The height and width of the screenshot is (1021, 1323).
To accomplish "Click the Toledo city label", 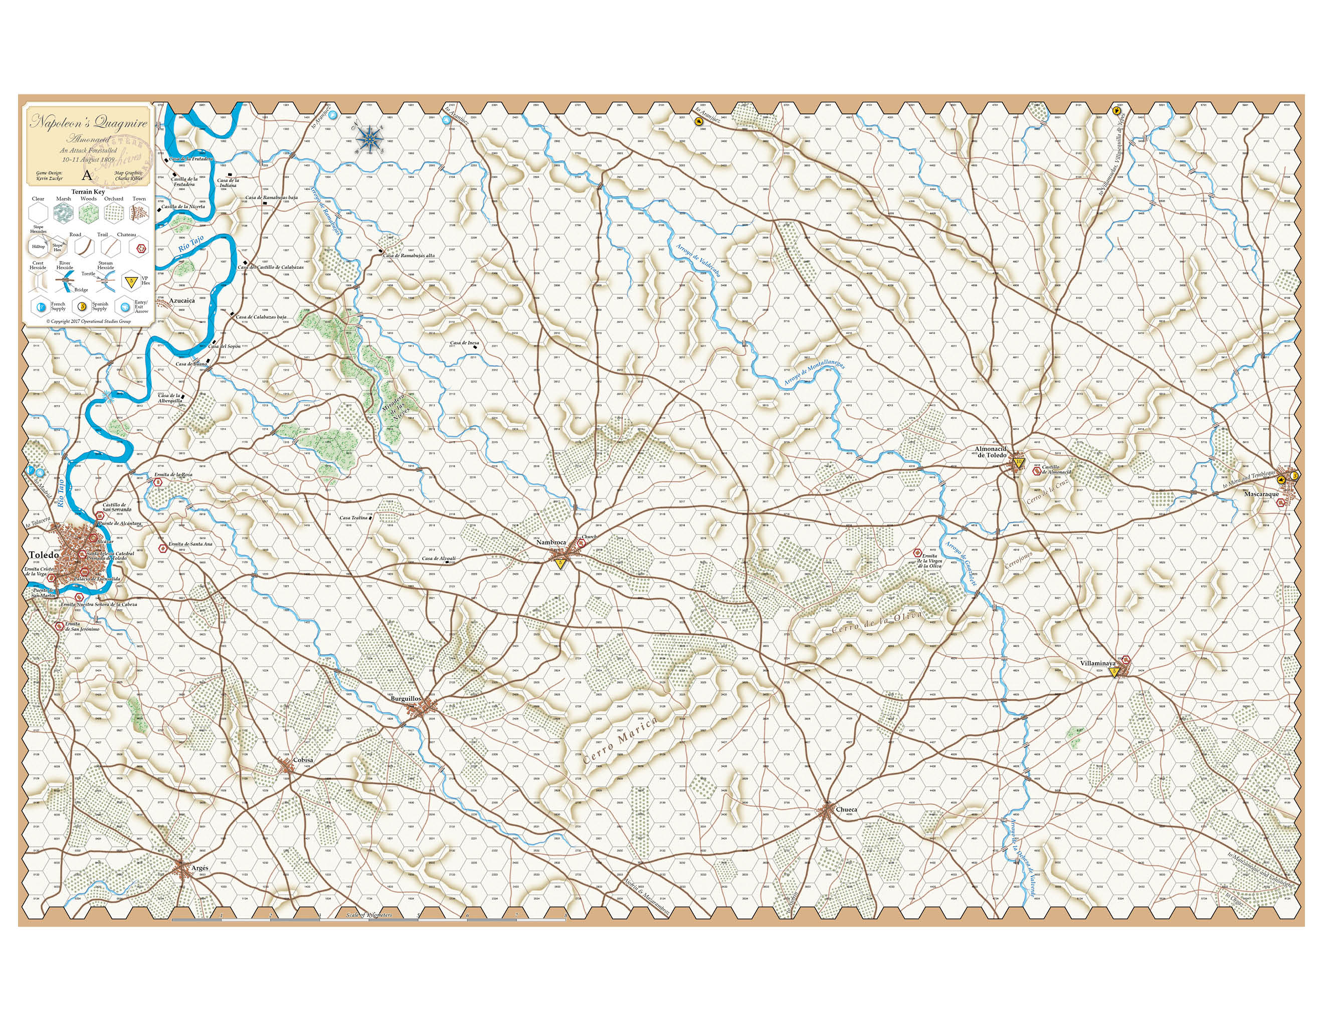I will [44, 555].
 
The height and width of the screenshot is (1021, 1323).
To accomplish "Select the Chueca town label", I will [846, 809].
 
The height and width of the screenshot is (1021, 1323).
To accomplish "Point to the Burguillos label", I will [405, 699].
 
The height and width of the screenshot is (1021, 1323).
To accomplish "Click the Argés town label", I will [200, 868].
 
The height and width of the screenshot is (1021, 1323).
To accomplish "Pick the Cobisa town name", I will [303, 760].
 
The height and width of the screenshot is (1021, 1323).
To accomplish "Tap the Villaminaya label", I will [1098, 663].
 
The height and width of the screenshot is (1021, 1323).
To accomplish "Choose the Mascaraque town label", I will [1261, 494].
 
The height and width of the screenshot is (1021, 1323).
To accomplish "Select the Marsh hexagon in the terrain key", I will [63, 213].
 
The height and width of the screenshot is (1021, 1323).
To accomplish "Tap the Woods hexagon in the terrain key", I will [88, 213].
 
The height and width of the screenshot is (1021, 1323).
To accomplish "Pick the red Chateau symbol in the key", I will [140, 247].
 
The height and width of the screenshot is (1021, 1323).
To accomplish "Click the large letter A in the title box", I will [87, 176].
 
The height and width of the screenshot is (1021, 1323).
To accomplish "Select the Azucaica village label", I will [181, 300].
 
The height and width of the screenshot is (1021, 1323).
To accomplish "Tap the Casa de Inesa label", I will [464, 343].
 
